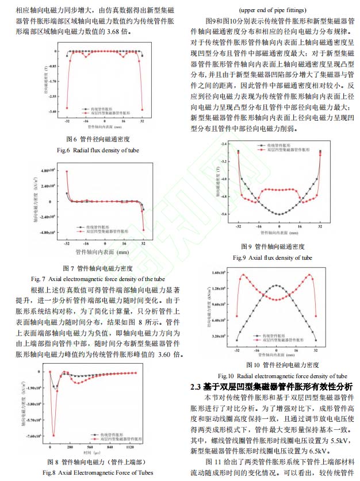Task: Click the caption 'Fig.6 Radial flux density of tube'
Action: click(97, 150)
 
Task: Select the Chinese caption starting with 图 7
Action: click(97, 268)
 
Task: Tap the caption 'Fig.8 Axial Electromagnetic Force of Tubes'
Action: click(97, 472)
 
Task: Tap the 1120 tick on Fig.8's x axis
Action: click(131, 447)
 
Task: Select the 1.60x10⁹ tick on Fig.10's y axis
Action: click(219, 273)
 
